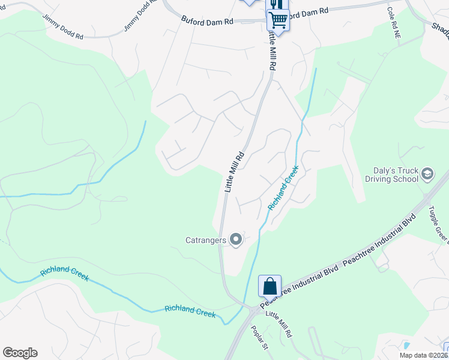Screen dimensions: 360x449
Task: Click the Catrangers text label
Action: pos(205,240)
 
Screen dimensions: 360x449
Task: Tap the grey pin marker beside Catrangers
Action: pos(236,240)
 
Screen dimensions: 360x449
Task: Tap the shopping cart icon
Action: pos(278,20)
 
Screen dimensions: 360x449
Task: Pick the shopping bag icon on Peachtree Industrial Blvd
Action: pos(270,286)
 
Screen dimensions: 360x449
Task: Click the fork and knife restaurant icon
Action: pos(276,4)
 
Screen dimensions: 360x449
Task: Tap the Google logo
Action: pos(20,353)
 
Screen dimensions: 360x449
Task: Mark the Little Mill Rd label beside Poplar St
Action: pos(279,324)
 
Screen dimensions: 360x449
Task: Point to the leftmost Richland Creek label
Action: pos(65,274)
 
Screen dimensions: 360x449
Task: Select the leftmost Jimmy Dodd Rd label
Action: pos(63,25)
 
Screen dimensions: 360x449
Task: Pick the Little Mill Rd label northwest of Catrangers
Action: pos(235,170)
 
